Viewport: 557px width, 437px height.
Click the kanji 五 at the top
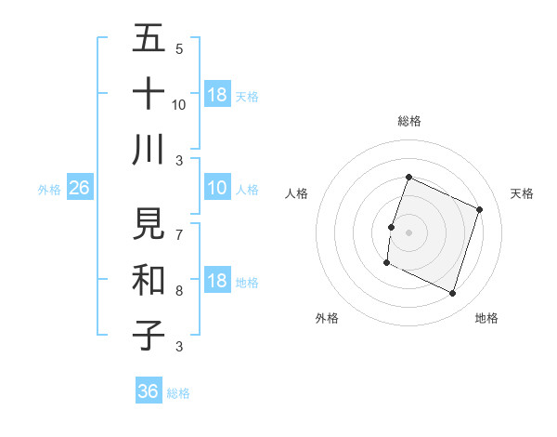tap(149, 38)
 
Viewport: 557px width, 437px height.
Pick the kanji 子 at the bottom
tap(149, 335)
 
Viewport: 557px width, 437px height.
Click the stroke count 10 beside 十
tap(179, 104)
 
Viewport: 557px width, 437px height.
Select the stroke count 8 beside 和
tap(179, 290)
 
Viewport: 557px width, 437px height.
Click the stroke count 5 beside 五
tap(179, 48)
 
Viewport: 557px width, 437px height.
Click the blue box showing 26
tap(79, 189)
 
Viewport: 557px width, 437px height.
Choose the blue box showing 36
tap(148, 391)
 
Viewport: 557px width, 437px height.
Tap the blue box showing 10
tap(217, 189)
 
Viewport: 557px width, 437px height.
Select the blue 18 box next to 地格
tap(217, 282)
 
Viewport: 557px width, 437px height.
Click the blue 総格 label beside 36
tap(178, 393)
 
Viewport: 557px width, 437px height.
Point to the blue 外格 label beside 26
tap(49, 190)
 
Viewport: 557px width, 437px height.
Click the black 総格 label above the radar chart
tap(408, 121)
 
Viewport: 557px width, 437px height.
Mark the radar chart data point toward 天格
tap(480, 210)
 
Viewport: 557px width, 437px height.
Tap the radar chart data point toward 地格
tap(453, 294)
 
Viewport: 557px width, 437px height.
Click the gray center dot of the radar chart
tap(408, 232)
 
